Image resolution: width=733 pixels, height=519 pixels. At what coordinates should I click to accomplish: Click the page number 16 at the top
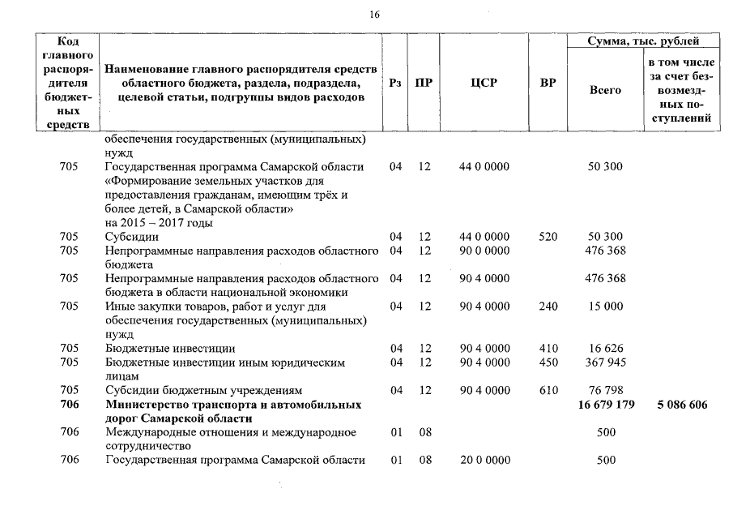pos(373,15)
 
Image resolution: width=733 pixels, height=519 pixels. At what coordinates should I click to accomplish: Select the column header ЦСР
pos(484,83)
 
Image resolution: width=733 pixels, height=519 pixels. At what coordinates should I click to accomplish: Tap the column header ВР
pos(548,83)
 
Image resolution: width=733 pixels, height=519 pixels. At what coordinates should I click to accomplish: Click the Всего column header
pos(605,90)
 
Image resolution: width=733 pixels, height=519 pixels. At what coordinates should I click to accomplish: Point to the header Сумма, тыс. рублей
pos(645,41)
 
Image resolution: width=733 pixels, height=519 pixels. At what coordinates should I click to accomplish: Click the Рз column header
pos(396,83)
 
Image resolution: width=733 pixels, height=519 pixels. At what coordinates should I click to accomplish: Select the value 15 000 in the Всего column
pos(605,306)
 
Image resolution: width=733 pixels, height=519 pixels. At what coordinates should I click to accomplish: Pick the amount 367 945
pos(605,362)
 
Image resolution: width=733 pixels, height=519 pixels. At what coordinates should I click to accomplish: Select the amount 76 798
pos(605,390)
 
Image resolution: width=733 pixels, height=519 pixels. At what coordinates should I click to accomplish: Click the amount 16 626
pos(605,348)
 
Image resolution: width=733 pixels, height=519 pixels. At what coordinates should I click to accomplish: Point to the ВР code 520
pos(548,236)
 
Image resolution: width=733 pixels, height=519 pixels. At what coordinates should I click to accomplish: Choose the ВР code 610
pos(548,390)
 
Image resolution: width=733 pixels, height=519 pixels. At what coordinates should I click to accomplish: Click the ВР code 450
pos(548,362)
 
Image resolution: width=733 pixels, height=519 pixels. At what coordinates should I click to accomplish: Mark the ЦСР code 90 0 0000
pos(484,251)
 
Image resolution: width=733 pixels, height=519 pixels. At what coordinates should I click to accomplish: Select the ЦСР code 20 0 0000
pos(484,460)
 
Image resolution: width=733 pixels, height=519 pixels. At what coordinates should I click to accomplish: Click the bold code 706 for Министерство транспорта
pos(69,404)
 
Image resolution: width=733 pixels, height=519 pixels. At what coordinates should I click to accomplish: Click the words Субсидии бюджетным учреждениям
pos(203,390)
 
